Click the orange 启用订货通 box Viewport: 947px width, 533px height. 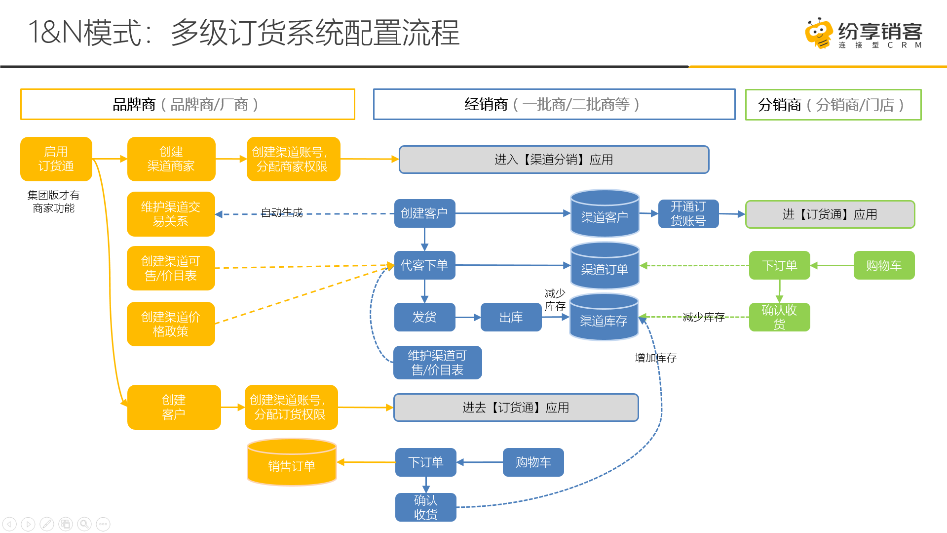coord(56,159)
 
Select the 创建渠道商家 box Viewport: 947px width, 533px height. coord(171,159)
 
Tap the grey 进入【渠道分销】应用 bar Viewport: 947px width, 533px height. coord(554,160)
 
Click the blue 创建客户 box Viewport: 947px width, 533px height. coord(424,213)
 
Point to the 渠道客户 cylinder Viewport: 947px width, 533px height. coord(605,213)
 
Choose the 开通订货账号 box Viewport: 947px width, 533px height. coord(688,213)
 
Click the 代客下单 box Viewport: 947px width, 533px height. coord(424,265)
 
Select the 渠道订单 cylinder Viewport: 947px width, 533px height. coord(605,265)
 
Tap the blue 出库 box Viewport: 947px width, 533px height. coord(511,317)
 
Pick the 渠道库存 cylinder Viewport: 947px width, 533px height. coord(604,317)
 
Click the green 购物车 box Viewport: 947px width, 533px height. coord(884,265)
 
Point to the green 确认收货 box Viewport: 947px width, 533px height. coord(780,317)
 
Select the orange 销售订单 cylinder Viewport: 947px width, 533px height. coord(292,462)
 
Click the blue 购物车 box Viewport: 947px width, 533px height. coord(533,462)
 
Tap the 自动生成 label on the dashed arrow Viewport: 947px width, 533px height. coord(282,212)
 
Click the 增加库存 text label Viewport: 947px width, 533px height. coord(656,358)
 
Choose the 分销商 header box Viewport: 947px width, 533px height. coord(833,105)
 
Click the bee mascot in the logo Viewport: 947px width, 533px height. coord(819,33)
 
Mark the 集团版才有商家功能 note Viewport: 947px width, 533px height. coord(54,202)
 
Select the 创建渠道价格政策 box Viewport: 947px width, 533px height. coord(171,324)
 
